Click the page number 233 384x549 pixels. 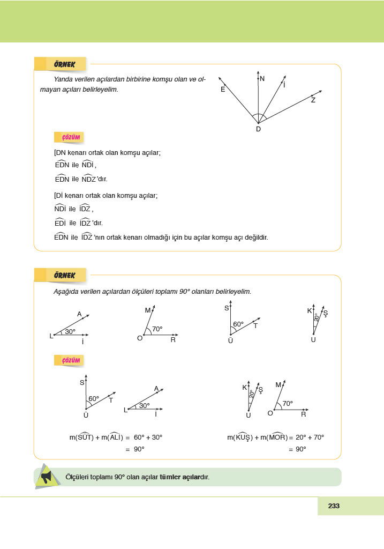pos(334,506)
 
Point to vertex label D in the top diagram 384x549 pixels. pos(258,129)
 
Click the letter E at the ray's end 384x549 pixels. pos(223,90)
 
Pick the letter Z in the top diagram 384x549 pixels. pos(313,100)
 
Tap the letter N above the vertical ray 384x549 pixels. pos(262,79)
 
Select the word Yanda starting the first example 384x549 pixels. pos(63,79)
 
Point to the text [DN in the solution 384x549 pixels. pos(60,153)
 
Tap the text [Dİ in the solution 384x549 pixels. pos(59,196)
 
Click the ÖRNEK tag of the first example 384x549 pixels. pos(64,64)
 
